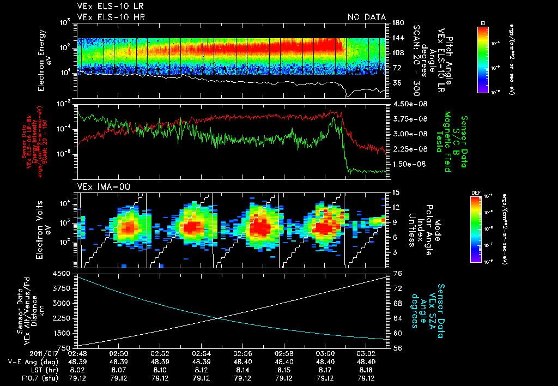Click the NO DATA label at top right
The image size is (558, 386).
coord(366,17)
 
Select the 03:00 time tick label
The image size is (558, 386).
coord(325,353)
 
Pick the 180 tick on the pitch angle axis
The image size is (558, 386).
coord(397,22)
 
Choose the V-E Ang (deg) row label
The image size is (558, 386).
coord(30,361)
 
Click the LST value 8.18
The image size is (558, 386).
coord(367,369)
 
